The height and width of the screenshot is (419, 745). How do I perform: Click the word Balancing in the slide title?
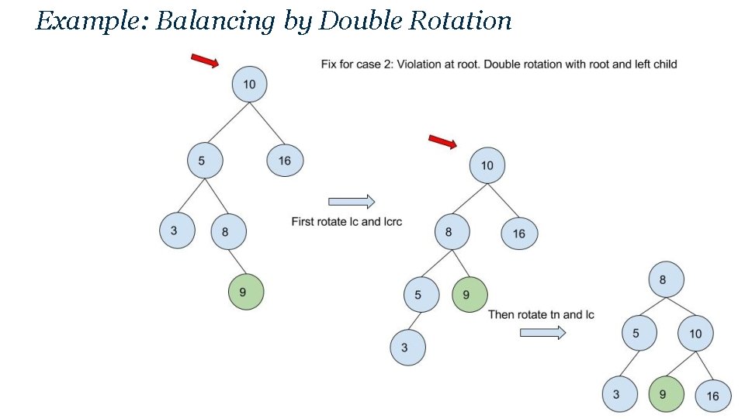[215, 22]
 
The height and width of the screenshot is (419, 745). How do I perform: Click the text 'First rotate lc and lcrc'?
[347, 222]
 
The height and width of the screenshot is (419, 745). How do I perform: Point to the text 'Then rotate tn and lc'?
[541, 314]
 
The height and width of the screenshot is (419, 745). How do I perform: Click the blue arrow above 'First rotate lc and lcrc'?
[352, 202]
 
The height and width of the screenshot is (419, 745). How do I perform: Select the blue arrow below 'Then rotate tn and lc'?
[542, 333]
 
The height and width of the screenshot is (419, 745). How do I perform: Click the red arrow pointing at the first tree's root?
[205, 61]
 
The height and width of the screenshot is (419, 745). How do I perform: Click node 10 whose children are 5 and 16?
[249, 84]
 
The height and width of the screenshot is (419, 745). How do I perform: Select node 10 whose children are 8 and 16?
[487, 165]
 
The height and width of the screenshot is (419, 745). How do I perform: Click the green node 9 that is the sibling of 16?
[665, 394]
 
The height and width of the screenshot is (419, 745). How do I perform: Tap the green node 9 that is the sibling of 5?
[470, 295]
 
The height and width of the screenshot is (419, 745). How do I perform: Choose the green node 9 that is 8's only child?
[246, 293]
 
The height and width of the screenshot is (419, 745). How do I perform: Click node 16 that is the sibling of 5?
[284, 161]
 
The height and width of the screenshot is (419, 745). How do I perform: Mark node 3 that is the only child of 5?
[407, 348]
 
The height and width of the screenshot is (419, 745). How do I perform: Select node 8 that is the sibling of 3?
[228, 231]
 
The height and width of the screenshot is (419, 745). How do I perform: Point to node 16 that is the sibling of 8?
[518, 233]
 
